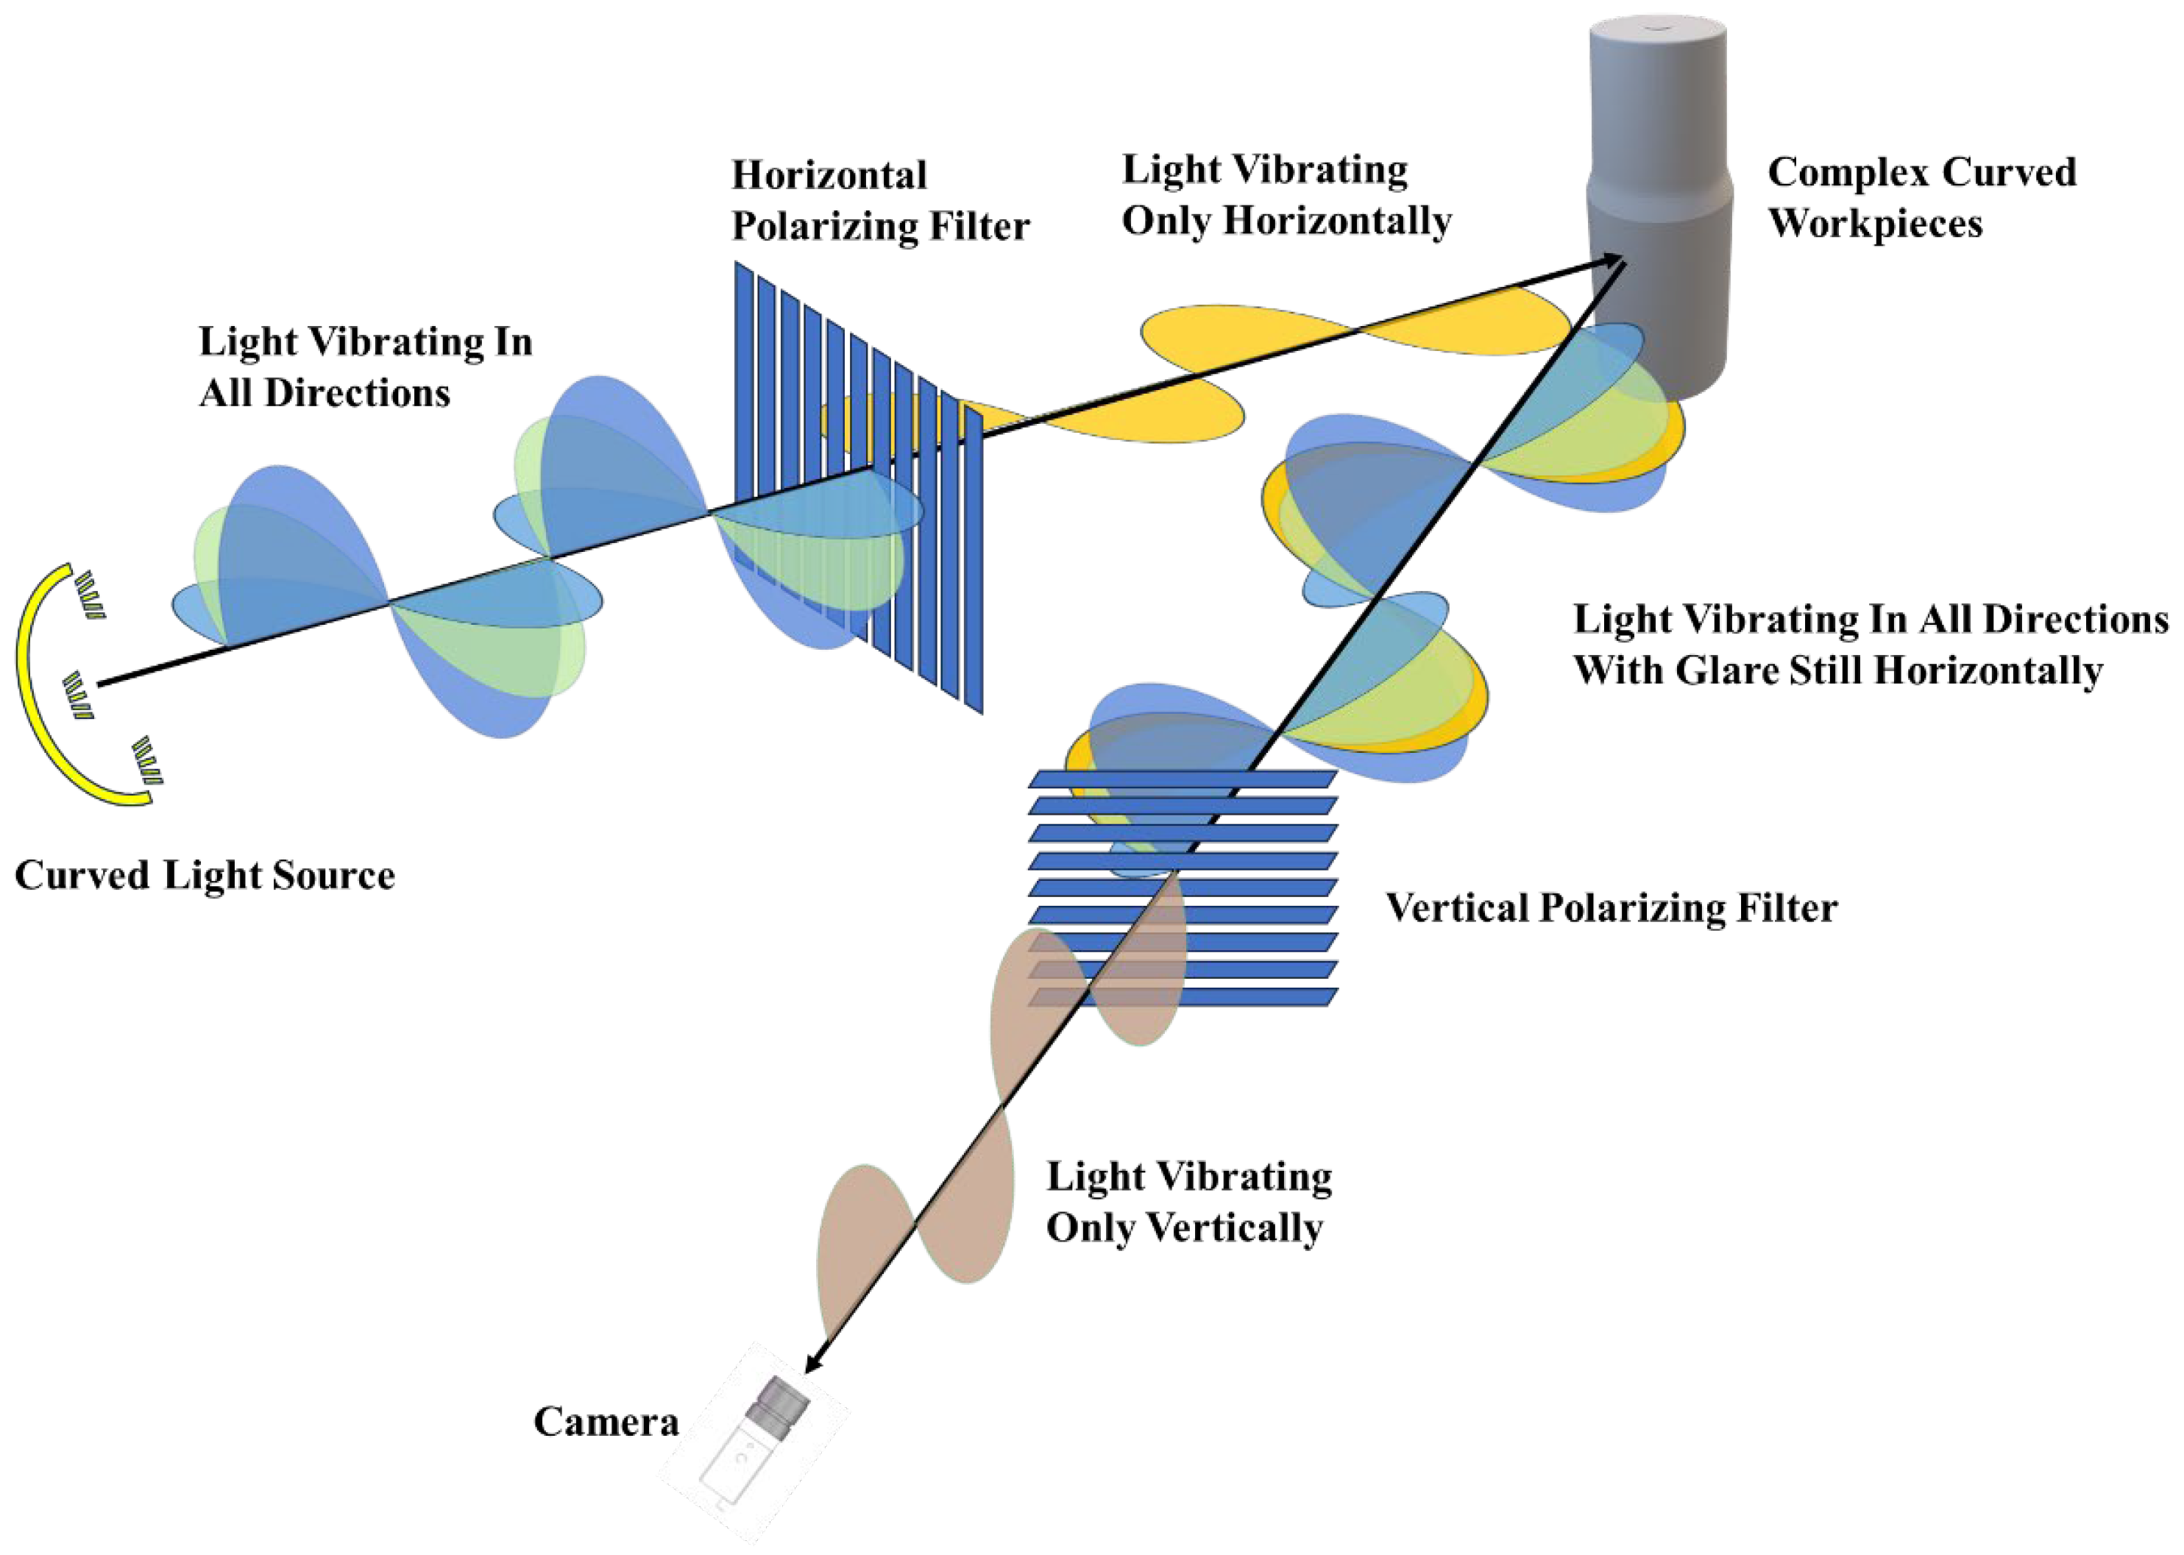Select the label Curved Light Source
point(204,875)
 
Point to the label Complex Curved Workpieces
point(1921,197)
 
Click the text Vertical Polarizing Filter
point(1612,907)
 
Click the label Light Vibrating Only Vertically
point(1188,1202)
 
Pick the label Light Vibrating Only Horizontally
point(1286,194)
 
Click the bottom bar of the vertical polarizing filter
point(1182,996)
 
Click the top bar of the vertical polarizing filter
point(1182,779)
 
